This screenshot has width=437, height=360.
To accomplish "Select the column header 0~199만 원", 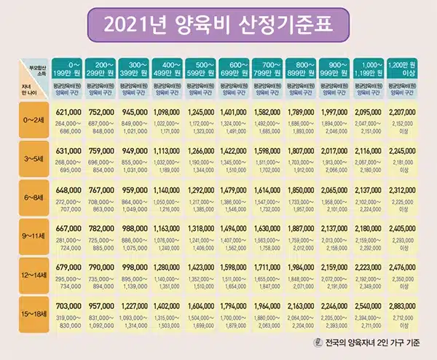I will coord(66,69).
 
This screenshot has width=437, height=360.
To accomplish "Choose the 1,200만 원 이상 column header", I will coord(407,69).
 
